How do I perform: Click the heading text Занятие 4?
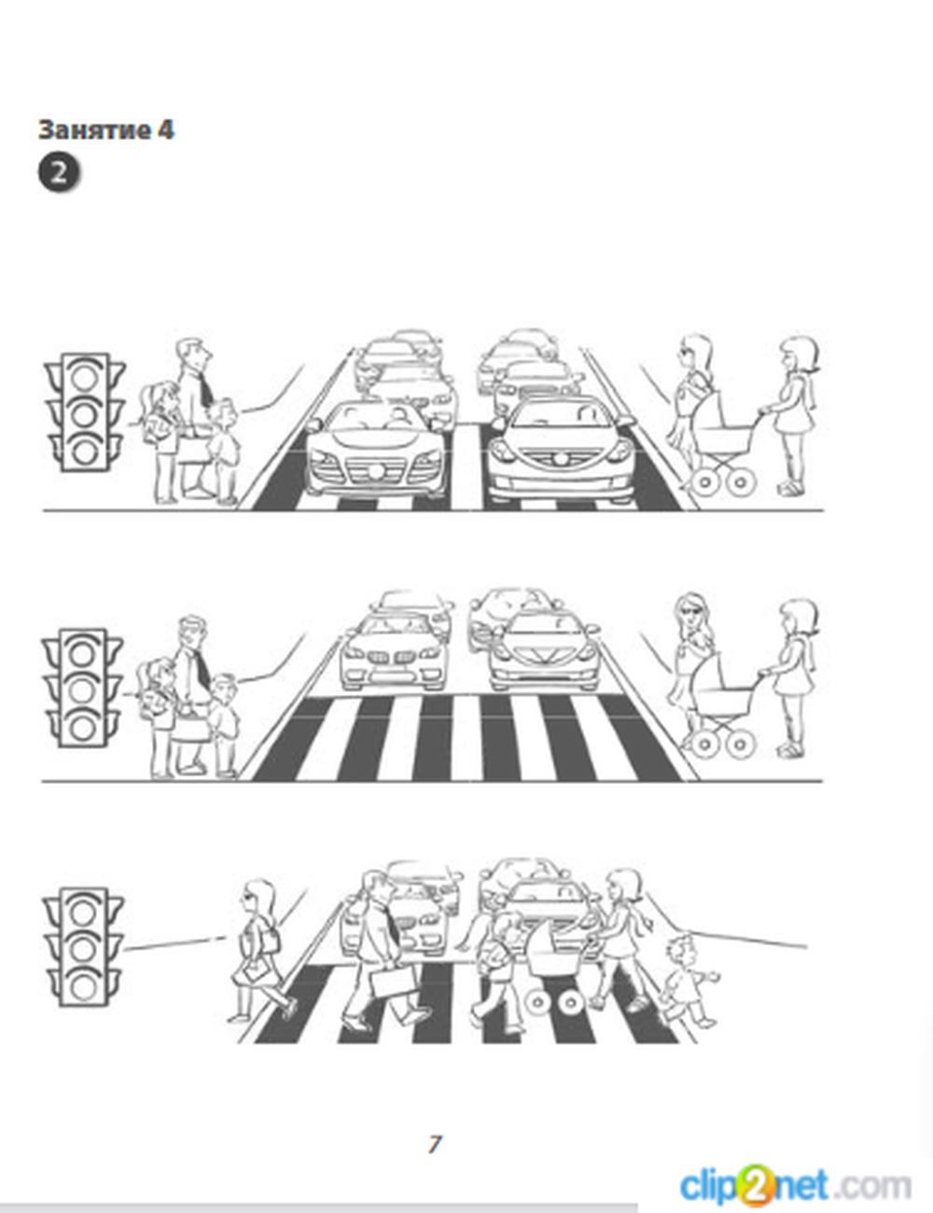click(x=106, y=130)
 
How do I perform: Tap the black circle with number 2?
click(x=59, y=173)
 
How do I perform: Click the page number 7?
click(x=434, y=1143)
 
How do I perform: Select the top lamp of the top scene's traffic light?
click(x=85, y=378)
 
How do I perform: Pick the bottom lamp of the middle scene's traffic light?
click(x=82, y=728)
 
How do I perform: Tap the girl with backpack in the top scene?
click(x=160, y=441)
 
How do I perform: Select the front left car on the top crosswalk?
click(x=377, y=450)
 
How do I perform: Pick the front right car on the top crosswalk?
click(x=562, y=450)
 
